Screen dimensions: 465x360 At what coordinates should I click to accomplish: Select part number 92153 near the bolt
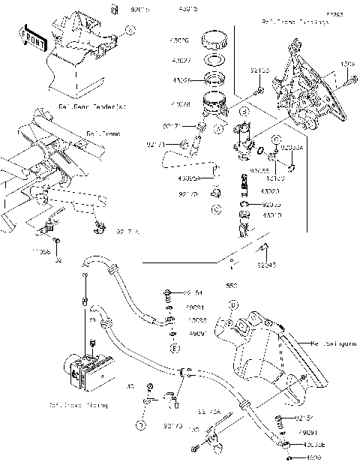point(259,70)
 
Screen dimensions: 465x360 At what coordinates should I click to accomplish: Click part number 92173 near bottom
point(173,425)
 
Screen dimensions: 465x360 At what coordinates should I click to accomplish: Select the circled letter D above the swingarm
point(233,305)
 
